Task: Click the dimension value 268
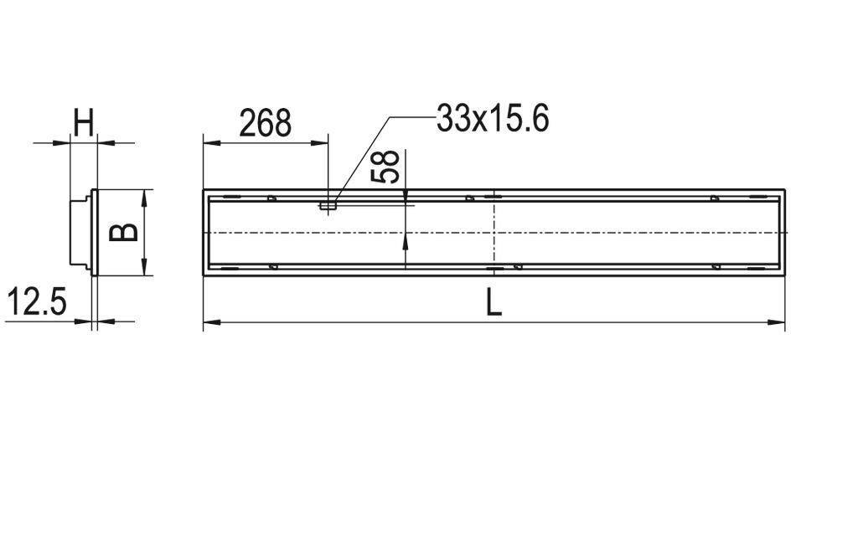click(x=265, y=123)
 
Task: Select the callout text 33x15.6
click(x=493, y=119)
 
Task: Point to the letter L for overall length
click(x=494, y=302)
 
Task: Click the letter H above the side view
click(x=84, y=124)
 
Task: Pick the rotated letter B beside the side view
click(x=125, y=231)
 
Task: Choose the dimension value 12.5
click(x=36, y=302)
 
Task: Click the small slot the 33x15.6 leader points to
click(x=328, y=203)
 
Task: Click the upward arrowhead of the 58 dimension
click(x=406, y=240)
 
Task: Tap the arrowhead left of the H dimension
click(x=61, y=142)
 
